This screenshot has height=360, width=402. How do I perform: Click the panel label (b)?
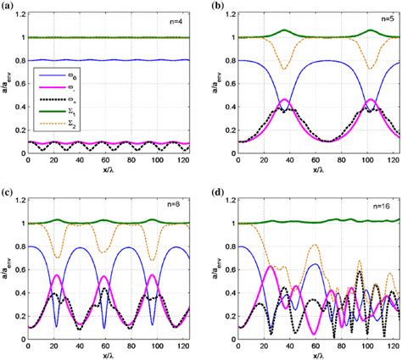[x=214, y=6]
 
